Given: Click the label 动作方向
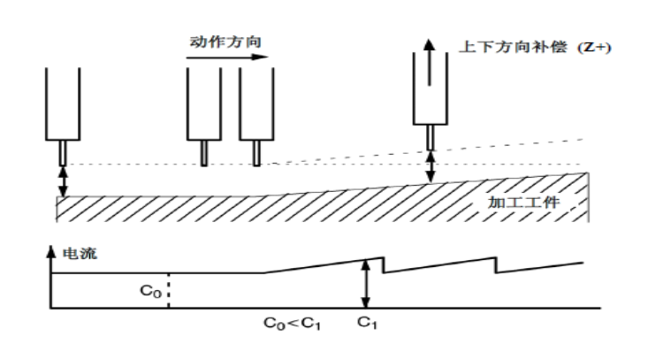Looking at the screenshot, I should point(225,42).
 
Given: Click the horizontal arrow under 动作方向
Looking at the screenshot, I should point(226,57).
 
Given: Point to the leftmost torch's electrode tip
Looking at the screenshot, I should point(63,153).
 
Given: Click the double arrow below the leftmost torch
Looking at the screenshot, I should point(63,180).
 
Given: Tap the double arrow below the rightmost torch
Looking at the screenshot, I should point(431,166).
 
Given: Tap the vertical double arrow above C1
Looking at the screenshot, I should point(366,283).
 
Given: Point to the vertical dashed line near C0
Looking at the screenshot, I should point(168,290).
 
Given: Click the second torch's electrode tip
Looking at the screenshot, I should point(204,152).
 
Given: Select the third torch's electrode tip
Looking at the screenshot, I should point(256,152).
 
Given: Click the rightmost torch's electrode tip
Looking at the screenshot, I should point(431,137).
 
